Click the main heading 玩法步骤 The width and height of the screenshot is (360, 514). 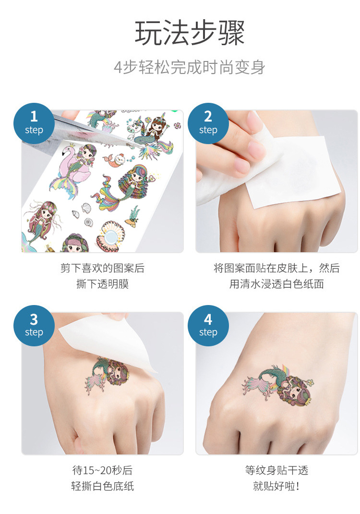point(190,34)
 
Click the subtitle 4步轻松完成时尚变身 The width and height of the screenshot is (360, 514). point(190,67)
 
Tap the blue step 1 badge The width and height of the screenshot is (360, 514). point(34,123)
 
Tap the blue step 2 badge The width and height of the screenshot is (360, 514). point(208,123)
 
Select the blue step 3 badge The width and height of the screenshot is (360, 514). point(34,326)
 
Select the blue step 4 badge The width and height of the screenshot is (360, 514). point(208,326)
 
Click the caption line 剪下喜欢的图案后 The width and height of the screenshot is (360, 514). point(102,268)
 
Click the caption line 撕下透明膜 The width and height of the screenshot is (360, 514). point(102,284)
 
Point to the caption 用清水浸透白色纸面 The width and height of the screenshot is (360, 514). point(276,284)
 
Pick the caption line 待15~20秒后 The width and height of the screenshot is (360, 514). point(102,470)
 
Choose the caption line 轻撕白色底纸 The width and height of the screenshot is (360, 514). point(102,486)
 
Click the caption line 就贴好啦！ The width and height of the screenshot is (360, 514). point(276,486)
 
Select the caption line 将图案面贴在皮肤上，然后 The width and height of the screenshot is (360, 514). point(276,268)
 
